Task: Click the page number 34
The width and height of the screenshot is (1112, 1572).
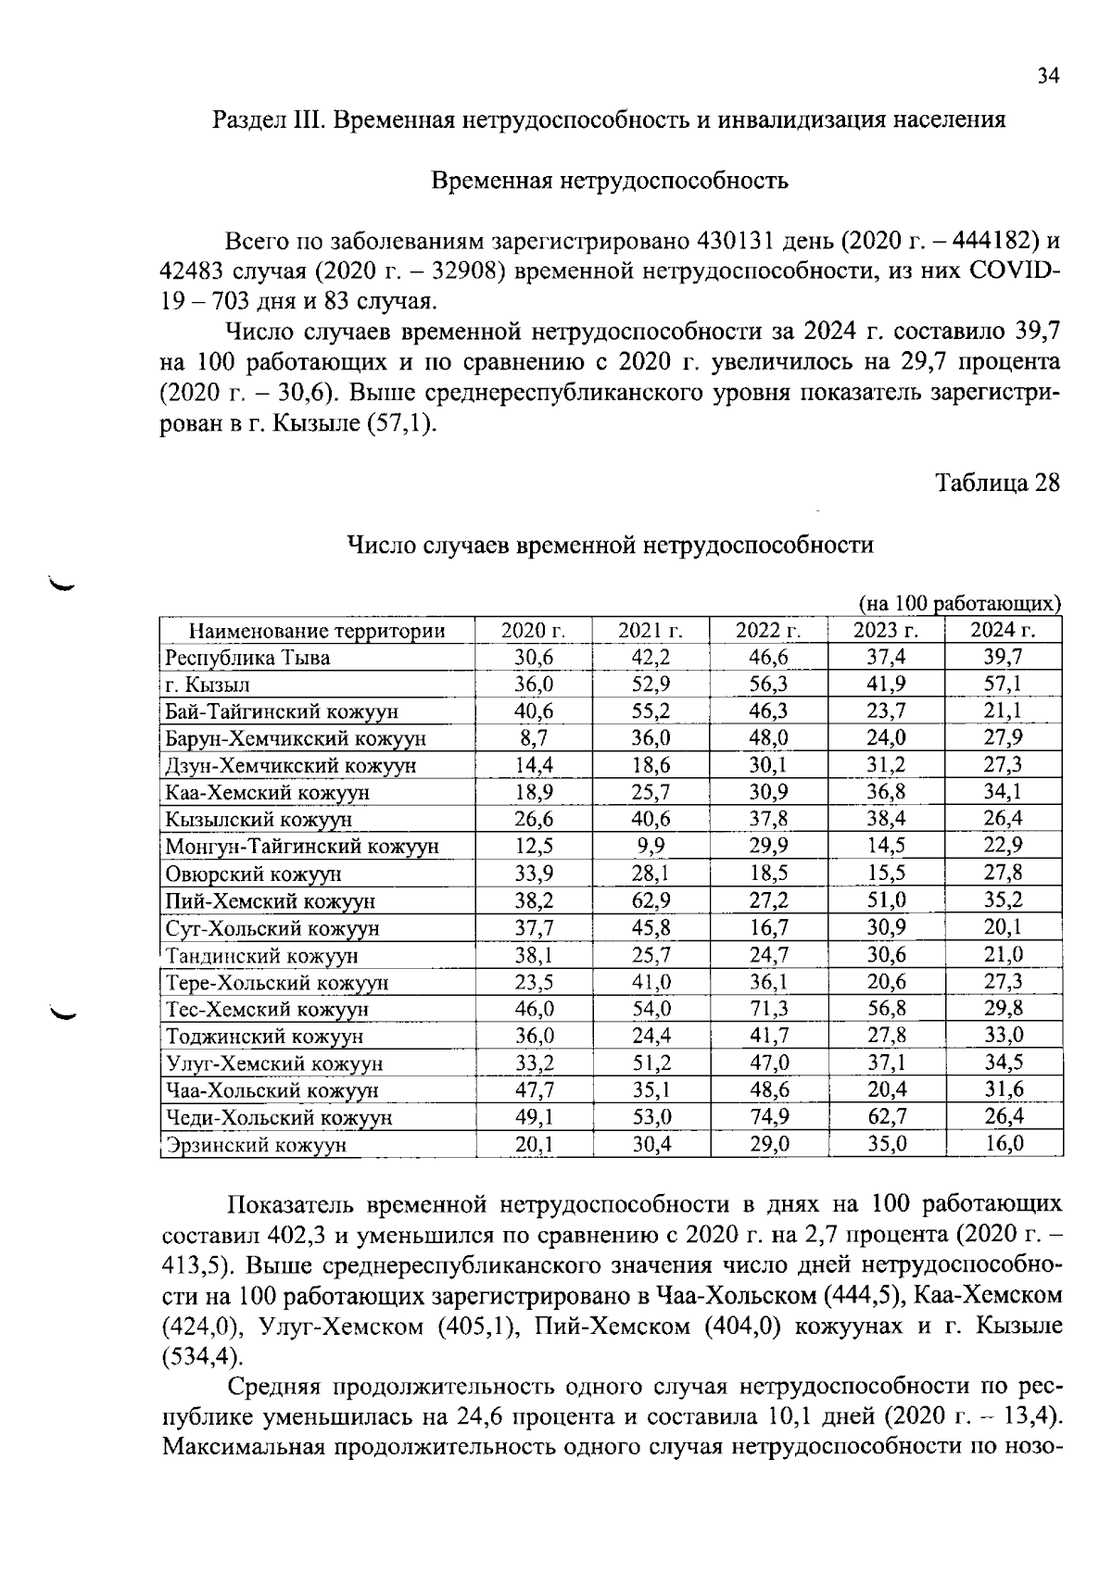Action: click(1047, 77)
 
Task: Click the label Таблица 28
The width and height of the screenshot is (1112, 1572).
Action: click(997, 484)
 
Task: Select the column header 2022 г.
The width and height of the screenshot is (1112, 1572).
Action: click(767, 632)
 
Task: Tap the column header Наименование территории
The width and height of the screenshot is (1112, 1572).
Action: click(317, 632)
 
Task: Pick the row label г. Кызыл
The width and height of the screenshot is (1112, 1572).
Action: click(208, 685)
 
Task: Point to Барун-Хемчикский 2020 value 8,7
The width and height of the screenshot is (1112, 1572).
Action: click(534, 739)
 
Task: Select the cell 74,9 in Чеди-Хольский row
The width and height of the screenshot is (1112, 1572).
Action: click(769, 1117)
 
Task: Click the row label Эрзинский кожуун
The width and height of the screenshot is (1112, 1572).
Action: click(256, 1145)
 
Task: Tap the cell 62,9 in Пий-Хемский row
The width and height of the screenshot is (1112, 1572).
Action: click(651, 900)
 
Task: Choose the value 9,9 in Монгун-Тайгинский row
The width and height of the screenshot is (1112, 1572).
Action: click(651, 846)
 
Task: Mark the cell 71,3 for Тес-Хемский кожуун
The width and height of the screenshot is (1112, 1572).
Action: click(769, 1009)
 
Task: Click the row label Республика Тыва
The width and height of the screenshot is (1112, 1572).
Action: click(247, 659)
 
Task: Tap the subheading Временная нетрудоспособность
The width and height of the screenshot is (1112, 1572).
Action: click(611, 181)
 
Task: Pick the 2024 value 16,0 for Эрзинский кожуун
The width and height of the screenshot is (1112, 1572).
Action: click(1004, 1144)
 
